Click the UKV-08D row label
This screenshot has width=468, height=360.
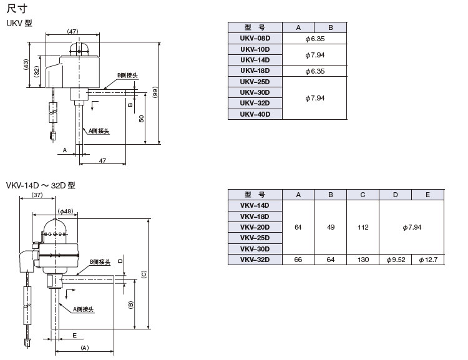(255, 39)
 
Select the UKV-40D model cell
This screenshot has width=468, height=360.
(255, 114)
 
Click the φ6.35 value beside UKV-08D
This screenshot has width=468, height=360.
(315, 39)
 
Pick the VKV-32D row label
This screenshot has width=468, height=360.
(255, 259)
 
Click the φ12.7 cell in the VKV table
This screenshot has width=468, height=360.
(427, 259)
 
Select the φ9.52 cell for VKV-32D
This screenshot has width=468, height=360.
(396, 259)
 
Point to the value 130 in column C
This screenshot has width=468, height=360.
(363, 259)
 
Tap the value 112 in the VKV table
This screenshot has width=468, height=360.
(363, 227)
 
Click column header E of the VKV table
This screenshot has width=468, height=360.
(427, 195)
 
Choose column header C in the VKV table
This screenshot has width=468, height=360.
(363, 195)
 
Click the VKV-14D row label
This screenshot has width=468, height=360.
(255, 205)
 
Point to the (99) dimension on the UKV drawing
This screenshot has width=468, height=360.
(154, 91)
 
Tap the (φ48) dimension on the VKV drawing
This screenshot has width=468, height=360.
(64, 211)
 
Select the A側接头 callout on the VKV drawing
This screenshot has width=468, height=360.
(82, 308)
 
